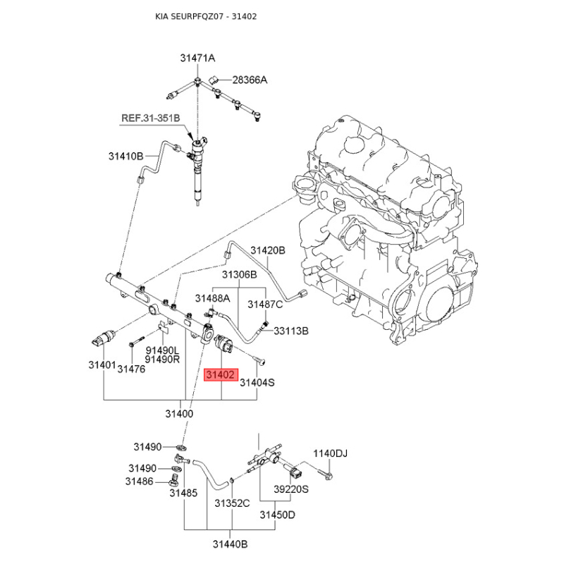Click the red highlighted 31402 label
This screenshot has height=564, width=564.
(221, 375)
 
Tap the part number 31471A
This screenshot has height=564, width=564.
(197, 58)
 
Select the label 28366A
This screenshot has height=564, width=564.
(250, 80)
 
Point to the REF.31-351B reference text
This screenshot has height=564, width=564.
(150, 118)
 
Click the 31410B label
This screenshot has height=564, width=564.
(126, 156)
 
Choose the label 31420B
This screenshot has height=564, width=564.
(268, 250)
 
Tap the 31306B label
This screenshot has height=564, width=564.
(239, 275)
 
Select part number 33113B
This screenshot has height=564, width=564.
(291, 331)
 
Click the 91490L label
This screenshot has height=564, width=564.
(162, 350)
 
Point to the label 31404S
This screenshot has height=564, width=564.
(257, 382)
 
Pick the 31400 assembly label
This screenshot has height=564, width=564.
(179, 414)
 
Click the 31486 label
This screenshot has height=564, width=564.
(139, 481)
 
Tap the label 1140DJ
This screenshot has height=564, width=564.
(330, 453)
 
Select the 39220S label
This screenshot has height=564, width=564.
(291, 489)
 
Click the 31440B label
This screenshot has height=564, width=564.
(231, 544)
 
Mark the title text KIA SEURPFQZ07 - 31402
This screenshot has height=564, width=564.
(206, 16)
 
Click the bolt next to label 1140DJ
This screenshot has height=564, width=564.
(325, 472)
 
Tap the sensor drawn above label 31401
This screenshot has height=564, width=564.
(102, 338)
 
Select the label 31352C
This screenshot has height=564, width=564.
(232, 503)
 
